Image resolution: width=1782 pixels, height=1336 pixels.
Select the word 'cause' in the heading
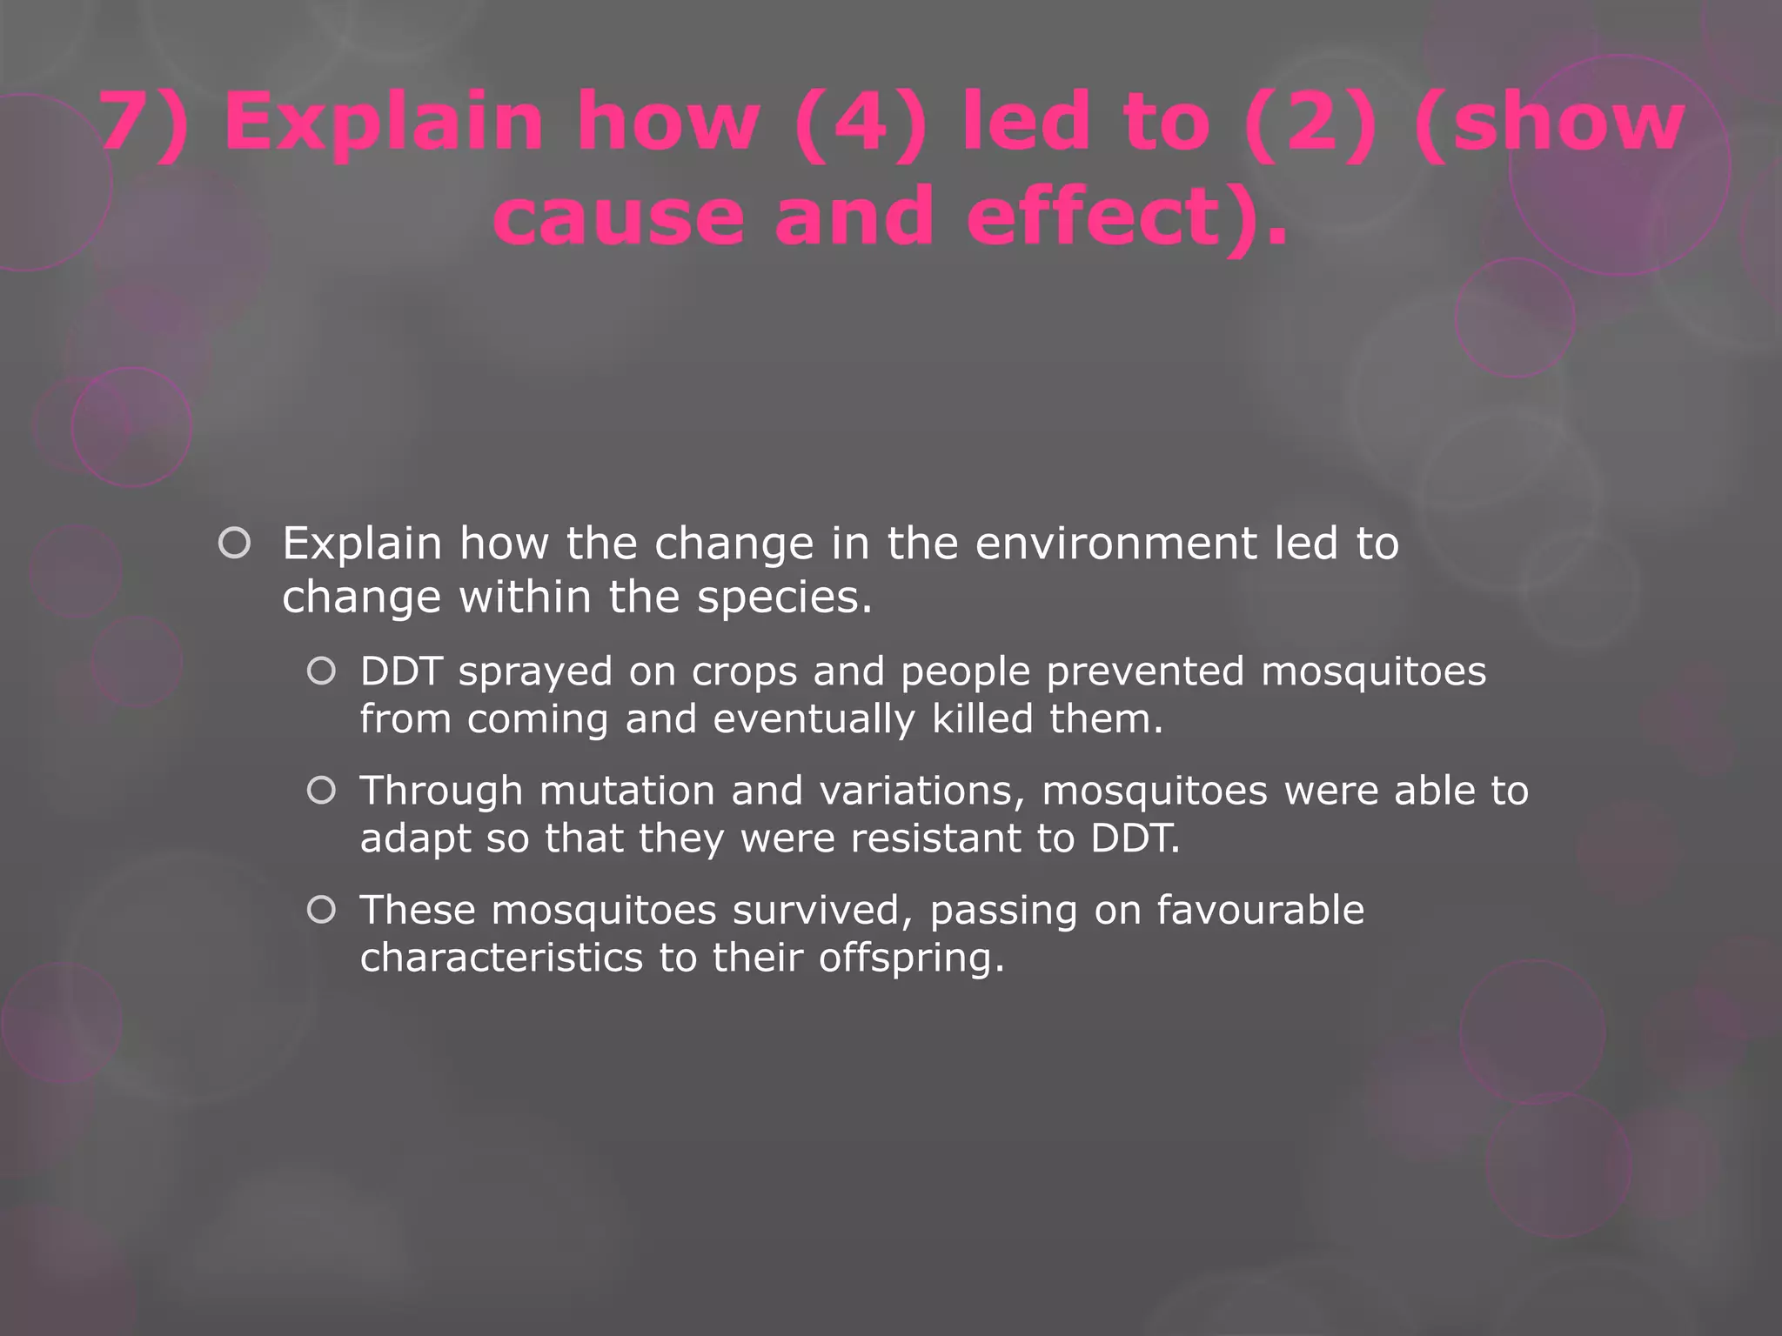point(618,217)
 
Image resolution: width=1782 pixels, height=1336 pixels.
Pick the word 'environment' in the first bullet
point(1115,544)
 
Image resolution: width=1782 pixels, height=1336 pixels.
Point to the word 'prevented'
point(1145,672)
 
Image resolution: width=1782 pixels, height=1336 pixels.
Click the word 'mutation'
point(627,792)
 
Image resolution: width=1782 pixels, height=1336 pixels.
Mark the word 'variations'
point(921,792)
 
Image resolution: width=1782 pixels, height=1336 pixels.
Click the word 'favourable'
point(1260,911)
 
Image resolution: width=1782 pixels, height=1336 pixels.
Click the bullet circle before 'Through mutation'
point(321,791)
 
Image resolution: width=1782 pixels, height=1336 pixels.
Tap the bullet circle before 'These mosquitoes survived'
point(321,910)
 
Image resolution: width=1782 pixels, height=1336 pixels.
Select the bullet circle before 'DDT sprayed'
point(321,671)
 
